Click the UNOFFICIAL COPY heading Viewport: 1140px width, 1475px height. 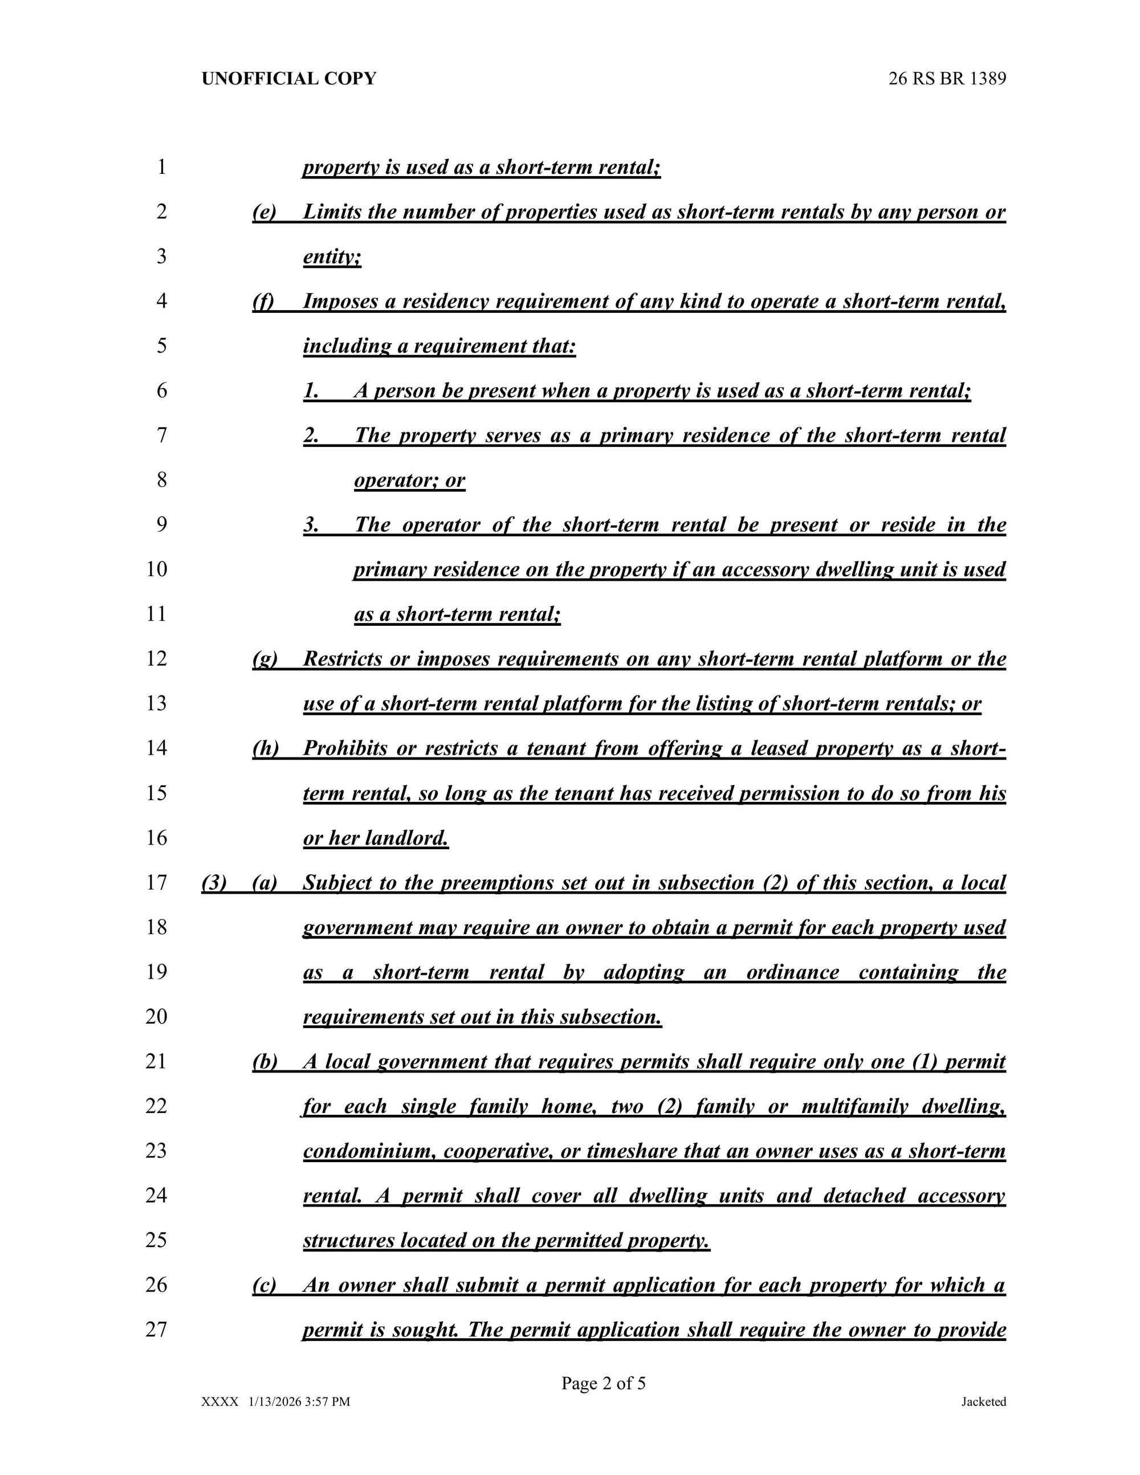288,79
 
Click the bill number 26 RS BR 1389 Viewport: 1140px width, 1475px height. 947,79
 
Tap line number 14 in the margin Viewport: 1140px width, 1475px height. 157,748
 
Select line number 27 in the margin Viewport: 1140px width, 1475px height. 157,1329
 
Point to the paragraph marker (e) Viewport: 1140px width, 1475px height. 264,212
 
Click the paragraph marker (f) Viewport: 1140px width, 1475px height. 263,301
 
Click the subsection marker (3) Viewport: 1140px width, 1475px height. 214,883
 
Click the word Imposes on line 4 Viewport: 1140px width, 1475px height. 340,301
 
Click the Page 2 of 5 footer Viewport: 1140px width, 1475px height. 603,1383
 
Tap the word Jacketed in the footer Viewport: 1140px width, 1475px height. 983,1402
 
